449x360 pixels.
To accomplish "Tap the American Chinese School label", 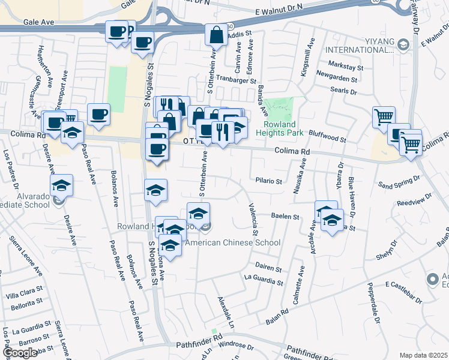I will (x=233, y=243).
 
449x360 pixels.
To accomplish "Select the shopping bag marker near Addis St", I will (x=215, y=35).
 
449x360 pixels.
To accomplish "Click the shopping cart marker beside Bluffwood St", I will (x=384, y=117).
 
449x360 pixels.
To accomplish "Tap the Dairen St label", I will (x=268, y=269).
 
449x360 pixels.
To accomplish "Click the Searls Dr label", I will (x=345, y=92).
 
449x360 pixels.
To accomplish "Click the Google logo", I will (x=20, y=353).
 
